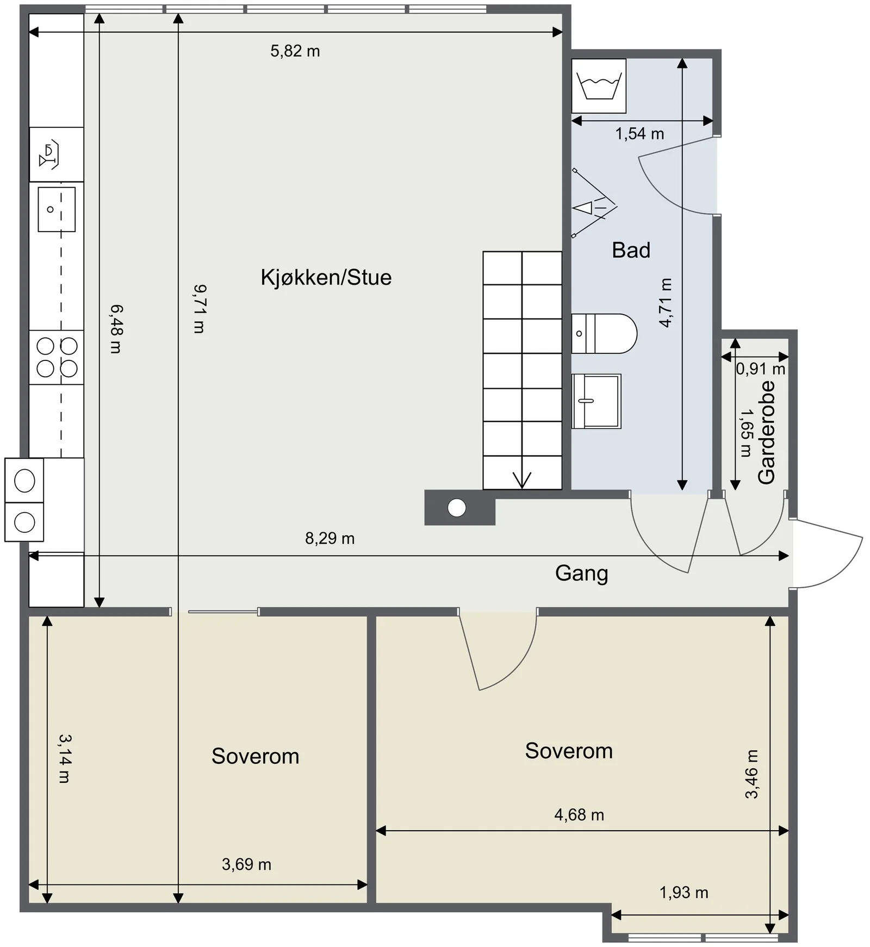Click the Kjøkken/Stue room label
pyautogui.click(x=326, y=278)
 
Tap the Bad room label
pyautogui.click(x=631, y=250)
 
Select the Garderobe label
pyautogui.click(x=766, y=432)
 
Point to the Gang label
pyautogui.click(x=581, y=574)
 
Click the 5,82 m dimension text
pyautogui.click(x=295, y=51)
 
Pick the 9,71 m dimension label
pyautogui.click(x=199, y=308)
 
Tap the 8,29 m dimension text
pyautogui.click(x=330, y=538)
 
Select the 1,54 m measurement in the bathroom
pyautogui.click(x=639, y=134)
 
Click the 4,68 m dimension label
pyautogui.click(x=579, y=815)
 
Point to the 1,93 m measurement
pyautogui.click(x=683, y=893)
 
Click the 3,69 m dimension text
pyautogui.click(x=246, y=864)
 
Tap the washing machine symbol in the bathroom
pyautogui.click(x=599, y=86)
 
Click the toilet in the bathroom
pyautogui.click(x=604, y=333)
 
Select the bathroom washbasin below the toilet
pyautogui.click(x=596, y=401)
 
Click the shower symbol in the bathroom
pyautogui.click(x=594, y=204)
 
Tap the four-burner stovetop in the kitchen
pyautogui.click(x=57, y=357)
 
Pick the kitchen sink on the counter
pyautogui.click(x=57, y=209)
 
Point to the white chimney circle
pyautogui.click(x=457, y=508)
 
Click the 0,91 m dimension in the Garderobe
pyautogui.click(x=761, y=369)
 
